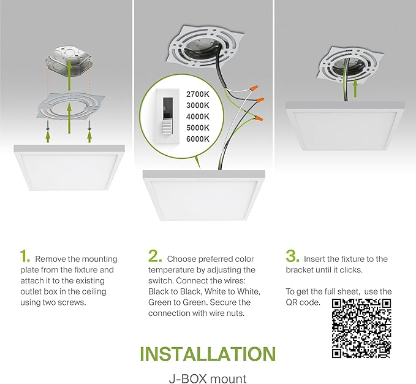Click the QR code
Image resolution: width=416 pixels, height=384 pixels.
tap(361, 328)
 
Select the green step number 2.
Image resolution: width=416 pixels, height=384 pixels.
tap(155, 256)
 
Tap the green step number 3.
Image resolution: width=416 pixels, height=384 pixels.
tap(292, 256)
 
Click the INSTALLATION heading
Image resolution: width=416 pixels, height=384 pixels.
tap(207, 354)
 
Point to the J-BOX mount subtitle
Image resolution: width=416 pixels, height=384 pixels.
tap(207, 378)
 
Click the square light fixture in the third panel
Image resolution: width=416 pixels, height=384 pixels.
tap(346, 126)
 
